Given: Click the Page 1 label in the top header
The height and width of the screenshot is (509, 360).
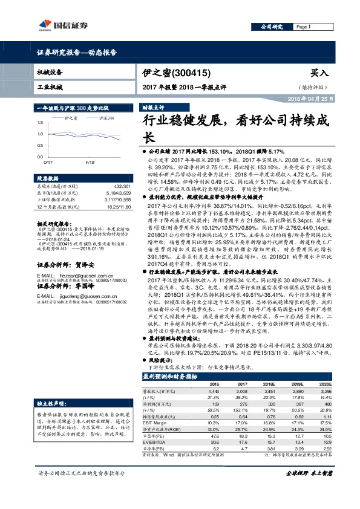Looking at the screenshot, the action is coord(304,27).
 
